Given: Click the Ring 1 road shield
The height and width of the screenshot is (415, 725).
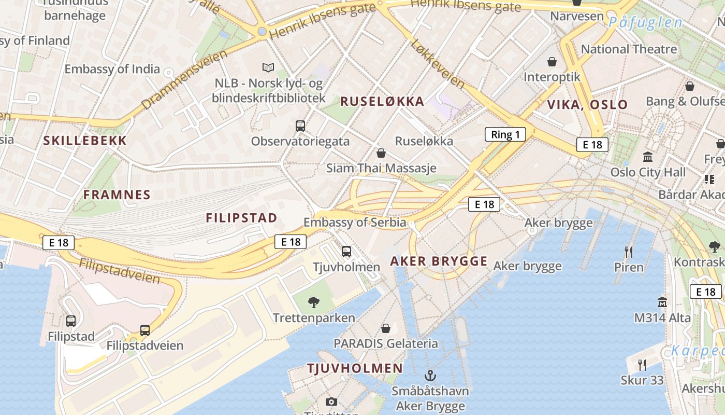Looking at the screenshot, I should point(505,135).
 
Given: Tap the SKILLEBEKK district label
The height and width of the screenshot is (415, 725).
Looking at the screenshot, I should point(85,141).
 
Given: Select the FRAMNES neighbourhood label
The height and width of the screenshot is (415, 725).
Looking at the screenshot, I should point(117,195).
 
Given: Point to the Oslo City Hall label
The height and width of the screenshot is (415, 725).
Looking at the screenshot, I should point(648,172).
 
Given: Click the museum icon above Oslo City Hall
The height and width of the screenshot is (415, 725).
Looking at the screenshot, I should point(647,157).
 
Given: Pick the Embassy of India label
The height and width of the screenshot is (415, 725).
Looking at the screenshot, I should point(112,69).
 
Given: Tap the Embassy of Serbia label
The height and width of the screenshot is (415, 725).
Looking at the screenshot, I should point(355,223).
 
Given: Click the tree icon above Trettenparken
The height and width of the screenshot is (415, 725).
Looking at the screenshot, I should point(313,302).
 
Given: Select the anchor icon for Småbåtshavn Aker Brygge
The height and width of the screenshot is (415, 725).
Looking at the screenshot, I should point(430,375).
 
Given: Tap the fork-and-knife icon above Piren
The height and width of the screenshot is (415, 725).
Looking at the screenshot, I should point(629,252).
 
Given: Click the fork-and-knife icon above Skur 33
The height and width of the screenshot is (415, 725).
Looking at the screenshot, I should point(642,365).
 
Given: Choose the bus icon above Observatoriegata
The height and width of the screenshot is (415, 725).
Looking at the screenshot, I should point(300,126).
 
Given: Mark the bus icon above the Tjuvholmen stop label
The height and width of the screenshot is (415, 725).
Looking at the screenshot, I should point(346,252).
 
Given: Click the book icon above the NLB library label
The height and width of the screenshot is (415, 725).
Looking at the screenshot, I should point(268,67).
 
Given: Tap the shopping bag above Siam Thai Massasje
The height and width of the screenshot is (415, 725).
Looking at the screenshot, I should point(381,153).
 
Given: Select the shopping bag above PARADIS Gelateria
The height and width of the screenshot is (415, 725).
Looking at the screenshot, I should point(386,328).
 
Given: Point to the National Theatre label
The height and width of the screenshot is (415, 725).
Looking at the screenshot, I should point(629,49).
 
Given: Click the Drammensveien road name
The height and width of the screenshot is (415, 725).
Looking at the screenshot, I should point(184,79).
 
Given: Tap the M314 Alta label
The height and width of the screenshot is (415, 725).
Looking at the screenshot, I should point(662,318).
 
